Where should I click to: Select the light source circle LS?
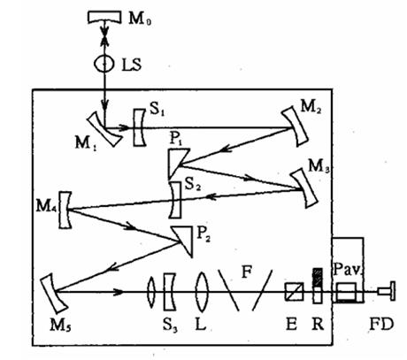pyautogui.click(x=104, y=63)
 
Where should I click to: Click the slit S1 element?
pyautogui.click(x=138, y=127)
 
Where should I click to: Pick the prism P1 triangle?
pyautogui.click(x=176, y=161)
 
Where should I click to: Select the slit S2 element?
pyautogui.click(x=176, y=200)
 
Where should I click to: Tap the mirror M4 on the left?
pyautogui.click(x=65, y=210)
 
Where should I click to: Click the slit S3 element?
pyautogui.click(x=169, y=292)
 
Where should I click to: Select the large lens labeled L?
pyautogui.click(x=202, y=292)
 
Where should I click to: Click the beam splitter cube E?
pyautogui.click(x=294, y=292)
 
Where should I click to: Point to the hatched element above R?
pyautogui.click(x=318, y=277)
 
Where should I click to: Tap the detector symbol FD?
pyautogui.click(x=387, y=291)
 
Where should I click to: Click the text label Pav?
pyautogui.click(x=347, y=269)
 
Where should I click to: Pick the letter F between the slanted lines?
pyautogui.click(x=247, y=272)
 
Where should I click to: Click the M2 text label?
pyautogui.click(x=311, y=107)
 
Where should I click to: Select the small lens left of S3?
pyautogui.click(x=151, y=292)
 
